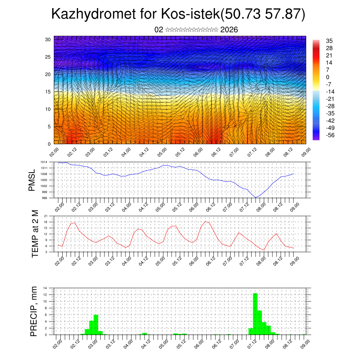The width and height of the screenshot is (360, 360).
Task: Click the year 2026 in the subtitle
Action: click(x=229, y=30)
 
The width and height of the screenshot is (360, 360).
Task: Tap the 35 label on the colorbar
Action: click(x=329, y=41)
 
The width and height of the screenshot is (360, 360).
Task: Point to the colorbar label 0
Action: click(x=328, y=77)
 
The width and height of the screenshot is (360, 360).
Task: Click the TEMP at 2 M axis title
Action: click(x=35, y=233)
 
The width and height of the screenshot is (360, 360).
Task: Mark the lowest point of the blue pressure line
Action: click(x=256, y=198)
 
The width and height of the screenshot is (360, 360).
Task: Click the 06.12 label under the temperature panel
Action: click(x=211, y=261)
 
